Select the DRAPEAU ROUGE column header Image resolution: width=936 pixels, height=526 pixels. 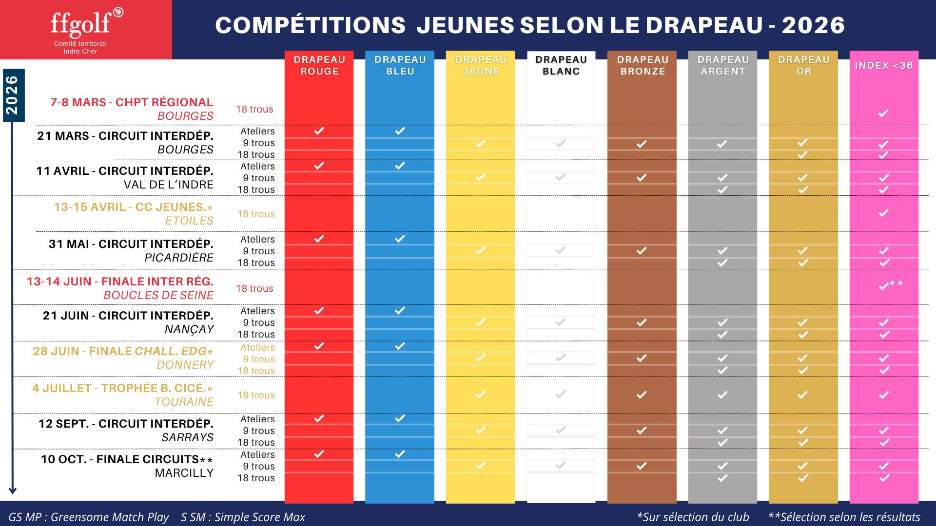[x=319, y=65]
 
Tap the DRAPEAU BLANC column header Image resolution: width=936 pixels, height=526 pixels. [x=561, y=65]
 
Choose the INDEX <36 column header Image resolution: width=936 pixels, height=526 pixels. [x=883, y=65]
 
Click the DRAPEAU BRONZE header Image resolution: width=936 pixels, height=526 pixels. [x=643, y=65]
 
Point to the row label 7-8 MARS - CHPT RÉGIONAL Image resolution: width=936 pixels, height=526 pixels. [x=132, y=102]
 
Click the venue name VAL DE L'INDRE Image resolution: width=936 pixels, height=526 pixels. [x=168, y=185]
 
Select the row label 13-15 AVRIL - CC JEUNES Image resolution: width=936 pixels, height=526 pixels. [x=133, y=207]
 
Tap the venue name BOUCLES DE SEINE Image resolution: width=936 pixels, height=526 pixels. [x=158, y=295]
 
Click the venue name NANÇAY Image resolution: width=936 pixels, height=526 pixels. [x=189, y=329]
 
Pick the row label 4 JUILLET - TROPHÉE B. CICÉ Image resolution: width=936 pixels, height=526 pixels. [x=122, y=388]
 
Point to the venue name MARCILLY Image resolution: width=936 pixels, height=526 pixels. [x=184, y=473]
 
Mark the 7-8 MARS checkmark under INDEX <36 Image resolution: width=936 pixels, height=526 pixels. [x=883, y=113]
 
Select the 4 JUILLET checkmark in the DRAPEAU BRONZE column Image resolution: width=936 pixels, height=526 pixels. [x=642, y=394]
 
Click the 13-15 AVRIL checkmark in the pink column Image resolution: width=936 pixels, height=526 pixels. [x=883, y=213]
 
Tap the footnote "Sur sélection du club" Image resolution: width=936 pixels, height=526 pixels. [x=693, y=517]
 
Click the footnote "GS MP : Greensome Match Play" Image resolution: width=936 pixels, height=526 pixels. [x=88, y=517]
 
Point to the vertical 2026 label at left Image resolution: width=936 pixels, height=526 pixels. [x=12, y=95]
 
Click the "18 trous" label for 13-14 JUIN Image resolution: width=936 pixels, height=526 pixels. [x=254, y=288]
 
